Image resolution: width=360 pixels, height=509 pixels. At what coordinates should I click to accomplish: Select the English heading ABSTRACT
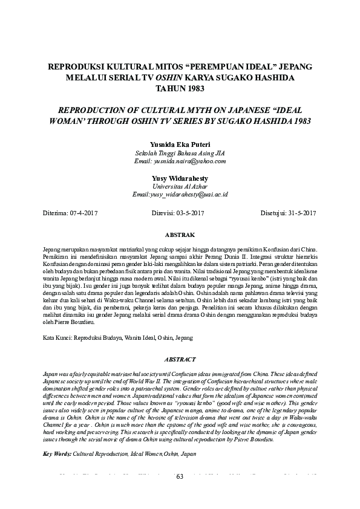[x=180, y=358]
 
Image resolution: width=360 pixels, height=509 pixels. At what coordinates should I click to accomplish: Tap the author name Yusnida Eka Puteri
[x=180, y=145]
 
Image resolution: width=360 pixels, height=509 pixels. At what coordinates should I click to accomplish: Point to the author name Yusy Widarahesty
[x=180, y=179]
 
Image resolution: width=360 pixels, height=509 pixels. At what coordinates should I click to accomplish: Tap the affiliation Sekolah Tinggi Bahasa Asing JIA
[x=180, y=154]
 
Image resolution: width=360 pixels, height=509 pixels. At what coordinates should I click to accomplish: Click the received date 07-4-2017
[x=82, y=213]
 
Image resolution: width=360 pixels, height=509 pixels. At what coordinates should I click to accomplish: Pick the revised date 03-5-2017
[x=190, y=213]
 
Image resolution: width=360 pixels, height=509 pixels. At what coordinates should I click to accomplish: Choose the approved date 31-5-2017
[x=301, y=213]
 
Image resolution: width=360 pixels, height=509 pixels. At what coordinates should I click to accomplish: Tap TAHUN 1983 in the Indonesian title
[x=180, y=89]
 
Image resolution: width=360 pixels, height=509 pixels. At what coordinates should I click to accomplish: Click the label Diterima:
[x=56, y=213]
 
